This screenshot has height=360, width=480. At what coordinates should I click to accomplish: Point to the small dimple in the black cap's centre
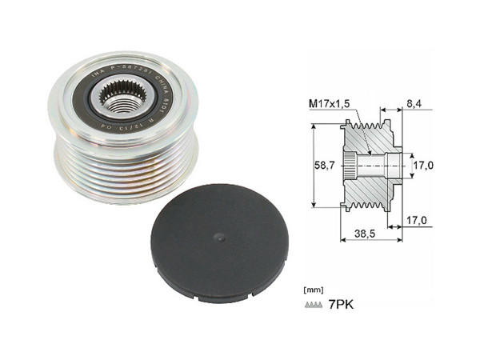click(x=218, y=236)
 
